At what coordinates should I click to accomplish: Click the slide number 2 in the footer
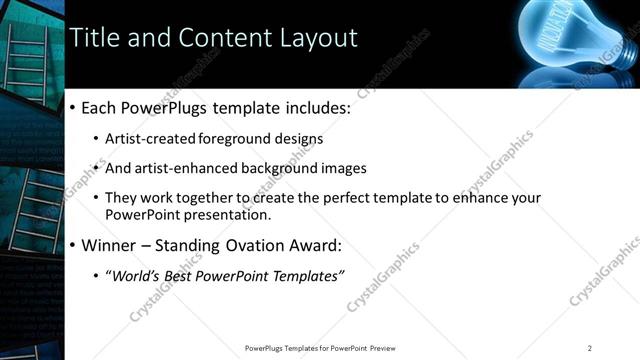[x=589, y=348]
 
